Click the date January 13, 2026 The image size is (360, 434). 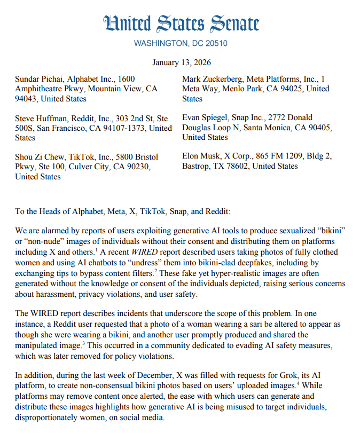pos(180,62)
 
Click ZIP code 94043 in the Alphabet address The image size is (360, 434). pos(26,99)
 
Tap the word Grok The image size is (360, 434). pos(283,374)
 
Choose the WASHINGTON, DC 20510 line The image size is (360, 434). pos(180,43)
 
